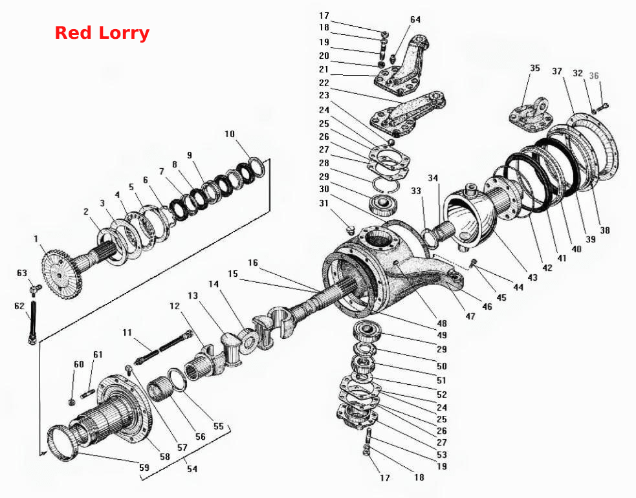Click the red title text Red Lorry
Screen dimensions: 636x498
click(x=102, y=33)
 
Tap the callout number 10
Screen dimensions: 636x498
click(x=230, y=134)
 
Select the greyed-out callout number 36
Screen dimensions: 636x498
click(x=594, y=76)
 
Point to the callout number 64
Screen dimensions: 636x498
click(x=415, y=19)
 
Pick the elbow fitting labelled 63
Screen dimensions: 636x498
click(x=36, y=289)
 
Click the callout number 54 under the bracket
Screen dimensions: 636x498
click(x=192, y=469)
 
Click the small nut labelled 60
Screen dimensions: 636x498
click(x=72, y=402)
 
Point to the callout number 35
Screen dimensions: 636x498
click(x=535, y=68)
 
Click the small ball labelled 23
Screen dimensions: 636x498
click(x=391, y=142)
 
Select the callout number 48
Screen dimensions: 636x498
click(x=442, y=323)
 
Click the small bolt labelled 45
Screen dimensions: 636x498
click(x=474, y=264)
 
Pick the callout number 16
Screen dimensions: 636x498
click(x=253, y=263)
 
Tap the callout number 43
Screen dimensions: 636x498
click(x=532, y=277)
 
